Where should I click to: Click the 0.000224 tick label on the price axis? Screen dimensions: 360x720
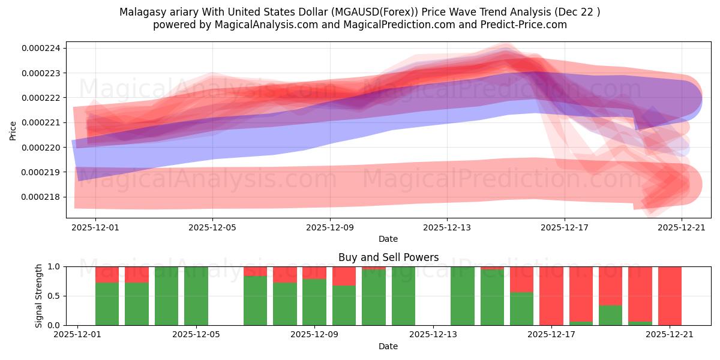pos(44,48)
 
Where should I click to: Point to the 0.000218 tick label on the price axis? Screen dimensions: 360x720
pos(44,197)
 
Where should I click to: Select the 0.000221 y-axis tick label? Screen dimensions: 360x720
pos(44,122)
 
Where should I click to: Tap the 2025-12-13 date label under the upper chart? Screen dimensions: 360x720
pos(446,227)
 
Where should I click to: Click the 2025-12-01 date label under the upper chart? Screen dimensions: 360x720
pos(95,227)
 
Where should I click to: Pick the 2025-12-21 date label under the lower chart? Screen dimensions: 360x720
pos(670,335)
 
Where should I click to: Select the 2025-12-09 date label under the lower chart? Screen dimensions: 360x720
pos(314,335)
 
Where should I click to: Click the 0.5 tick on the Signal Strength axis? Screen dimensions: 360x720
pos(53,296)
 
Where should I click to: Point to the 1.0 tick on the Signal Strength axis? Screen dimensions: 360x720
pos(53,266)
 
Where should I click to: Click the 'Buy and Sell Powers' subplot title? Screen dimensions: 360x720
pos(388,257)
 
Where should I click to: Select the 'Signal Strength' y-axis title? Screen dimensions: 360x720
pos(39,295)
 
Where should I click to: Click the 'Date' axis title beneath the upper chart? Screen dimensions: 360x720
pos(388,239)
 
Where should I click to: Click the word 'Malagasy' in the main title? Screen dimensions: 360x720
pos(141,12)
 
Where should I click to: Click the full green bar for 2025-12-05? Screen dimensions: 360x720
pos(196,296)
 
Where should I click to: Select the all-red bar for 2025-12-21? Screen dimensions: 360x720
pos(670,296)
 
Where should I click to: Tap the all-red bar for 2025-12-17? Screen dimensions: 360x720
pos(551,296)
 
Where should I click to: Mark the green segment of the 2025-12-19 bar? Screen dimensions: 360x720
pos(610,315)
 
